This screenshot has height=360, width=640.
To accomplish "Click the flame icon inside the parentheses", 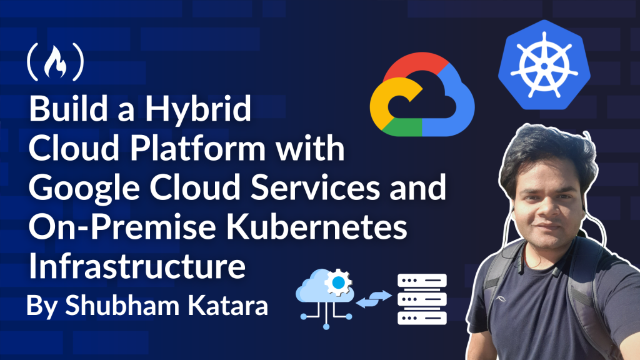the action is tap(56, 62).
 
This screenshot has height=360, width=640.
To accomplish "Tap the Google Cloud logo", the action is tap(422, 94).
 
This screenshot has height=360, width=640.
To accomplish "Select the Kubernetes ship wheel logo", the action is tap(544, 65).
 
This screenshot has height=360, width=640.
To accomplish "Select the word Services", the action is tap(315, 187).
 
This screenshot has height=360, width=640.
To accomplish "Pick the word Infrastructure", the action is tap(137, 266).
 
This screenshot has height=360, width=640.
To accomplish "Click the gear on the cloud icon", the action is tap(338, 282).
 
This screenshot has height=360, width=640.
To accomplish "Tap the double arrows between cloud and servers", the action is tap(374, 299).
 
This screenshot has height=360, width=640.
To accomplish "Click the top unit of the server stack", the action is tap(422, 281).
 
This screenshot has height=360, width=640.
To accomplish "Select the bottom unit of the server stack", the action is tap(422, 318).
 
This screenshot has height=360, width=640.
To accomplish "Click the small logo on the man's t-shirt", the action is tap(501, 299).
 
